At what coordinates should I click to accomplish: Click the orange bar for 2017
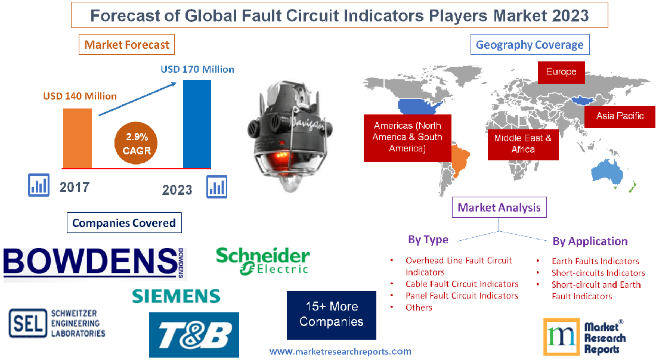(78, 138)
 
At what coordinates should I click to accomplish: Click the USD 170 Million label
(197, 69)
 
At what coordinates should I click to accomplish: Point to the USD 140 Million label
(80, 95)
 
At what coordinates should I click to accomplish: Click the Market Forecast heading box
(127, 45)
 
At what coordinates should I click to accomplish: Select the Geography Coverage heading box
(530, 45)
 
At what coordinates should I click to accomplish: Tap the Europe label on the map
(561, 72)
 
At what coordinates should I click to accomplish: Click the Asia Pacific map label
(620, 116)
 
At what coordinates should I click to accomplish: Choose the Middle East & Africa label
(523, 144)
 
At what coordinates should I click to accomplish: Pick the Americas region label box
(407, 137)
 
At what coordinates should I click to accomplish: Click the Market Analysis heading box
(499, 207)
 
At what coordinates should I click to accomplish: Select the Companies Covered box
(124, 223)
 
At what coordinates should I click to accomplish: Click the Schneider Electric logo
(263, 262)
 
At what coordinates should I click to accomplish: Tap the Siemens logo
(176, 296)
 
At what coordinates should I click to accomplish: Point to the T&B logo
(194, 335)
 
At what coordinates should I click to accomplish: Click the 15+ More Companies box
(332, 315)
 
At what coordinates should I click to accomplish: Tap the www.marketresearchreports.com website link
(341, 351)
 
